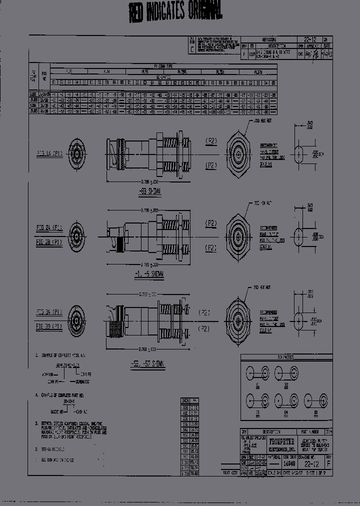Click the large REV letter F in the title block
click(328, 463)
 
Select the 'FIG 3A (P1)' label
click(49, 311)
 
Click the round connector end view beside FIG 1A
click(76, 154)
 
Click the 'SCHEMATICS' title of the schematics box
click(285, 357)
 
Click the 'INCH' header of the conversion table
click(185, 400)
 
